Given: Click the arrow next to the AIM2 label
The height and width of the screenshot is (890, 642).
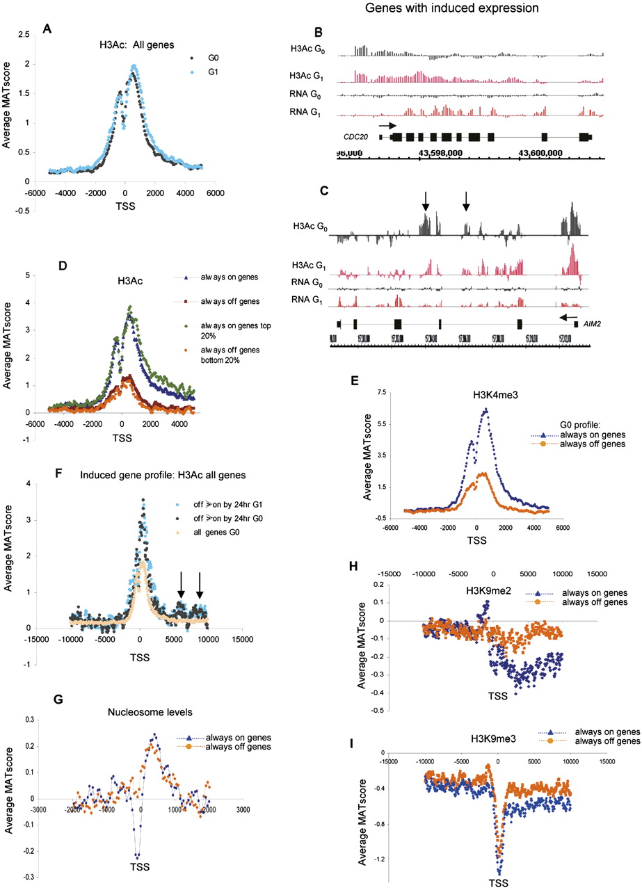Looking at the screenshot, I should pos(570,317).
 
